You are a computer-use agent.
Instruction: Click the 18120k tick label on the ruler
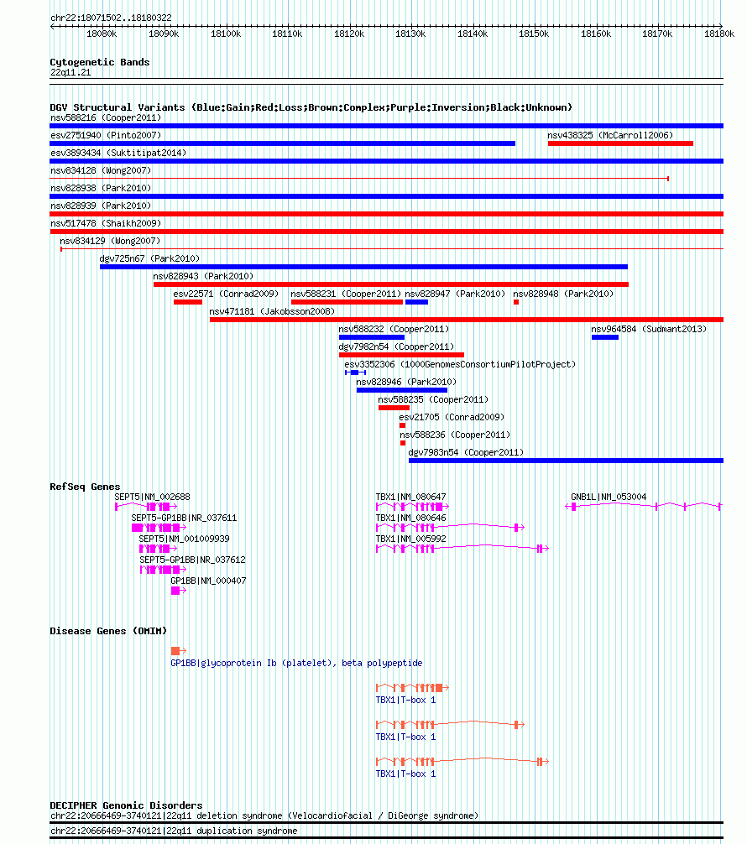tap(349, 34)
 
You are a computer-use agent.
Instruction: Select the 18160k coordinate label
tap(596, 34)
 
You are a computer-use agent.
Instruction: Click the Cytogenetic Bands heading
tap(100, 62)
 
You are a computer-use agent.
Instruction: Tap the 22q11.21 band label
tap(71, 72)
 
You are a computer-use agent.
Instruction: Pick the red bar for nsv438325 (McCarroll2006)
tap(620, 143)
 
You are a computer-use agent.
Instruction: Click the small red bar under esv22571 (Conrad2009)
tap(187, 302)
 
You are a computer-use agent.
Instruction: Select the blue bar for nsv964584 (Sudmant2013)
tap(605, 337)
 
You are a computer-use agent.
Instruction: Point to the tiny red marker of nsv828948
tap(516, 302)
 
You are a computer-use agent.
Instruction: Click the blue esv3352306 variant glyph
tap(356, 373)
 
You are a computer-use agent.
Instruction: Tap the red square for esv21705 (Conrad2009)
tap(402, 425)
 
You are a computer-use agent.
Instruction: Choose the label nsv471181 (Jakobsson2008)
tap(272, 311)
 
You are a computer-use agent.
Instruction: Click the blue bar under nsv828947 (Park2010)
tap(416, 302)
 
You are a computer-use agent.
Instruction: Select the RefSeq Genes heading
tap(85, 487)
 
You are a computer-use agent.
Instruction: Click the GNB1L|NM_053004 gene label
tap(609, 497)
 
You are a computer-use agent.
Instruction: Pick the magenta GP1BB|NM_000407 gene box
tap(175, 591)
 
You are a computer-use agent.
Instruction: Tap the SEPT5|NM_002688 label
tap(152, 497)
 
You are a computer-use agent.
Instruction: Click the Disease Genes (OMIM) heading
tap(108, 631)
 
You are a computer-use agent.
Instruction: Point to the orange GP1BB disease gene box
tap(175, 651)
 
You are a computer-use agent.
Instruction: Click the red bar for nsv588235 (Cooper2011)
tap(394, 408)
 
